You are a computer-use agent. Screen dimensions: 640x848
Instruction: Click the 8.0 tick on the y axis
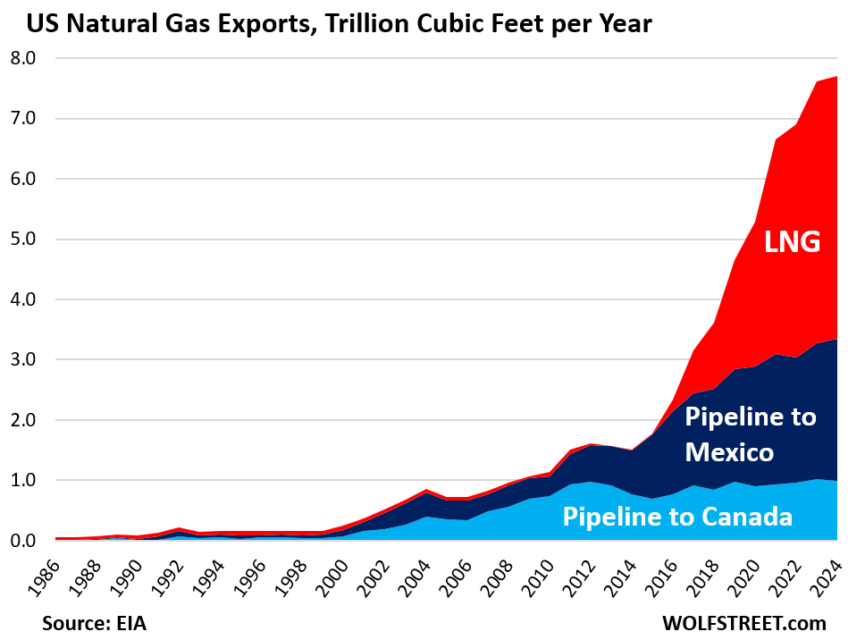(x=20, y=58)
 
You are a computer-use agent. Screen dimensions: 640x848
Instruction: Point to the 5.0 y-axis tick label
(x=20, y=240)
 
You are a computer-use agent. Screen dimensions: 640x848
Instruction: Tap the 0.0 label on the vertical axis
(x=20, y=541)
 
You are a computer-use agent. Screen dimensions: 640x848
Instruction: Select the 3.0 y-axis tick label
(x=20, y=360)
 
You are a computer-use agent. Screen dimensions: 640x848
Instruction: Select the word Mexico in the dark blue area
(x=729, y=452)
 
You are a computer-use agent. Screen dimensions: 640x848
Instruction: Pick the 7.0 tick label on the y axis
(x=20, y=119)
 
